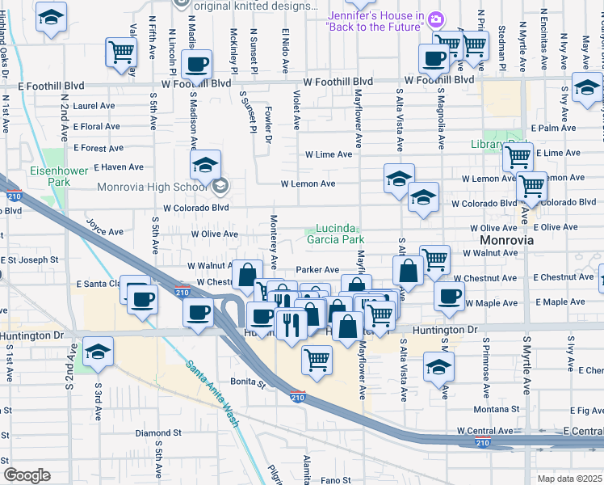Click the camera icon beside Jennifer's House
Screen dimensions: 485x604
point(436,19)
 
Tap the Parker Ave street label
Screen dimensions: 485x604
point(317,269)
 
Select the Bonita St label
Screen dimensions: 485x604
point(250,385)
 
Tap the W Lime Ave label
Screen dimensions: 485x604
point(329,154)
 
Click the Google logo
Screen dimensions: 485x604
point(27,475)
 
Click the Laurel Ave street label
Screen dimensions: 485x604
point(94,106)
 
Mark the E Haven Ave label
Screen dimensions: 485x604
point(118,167)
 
